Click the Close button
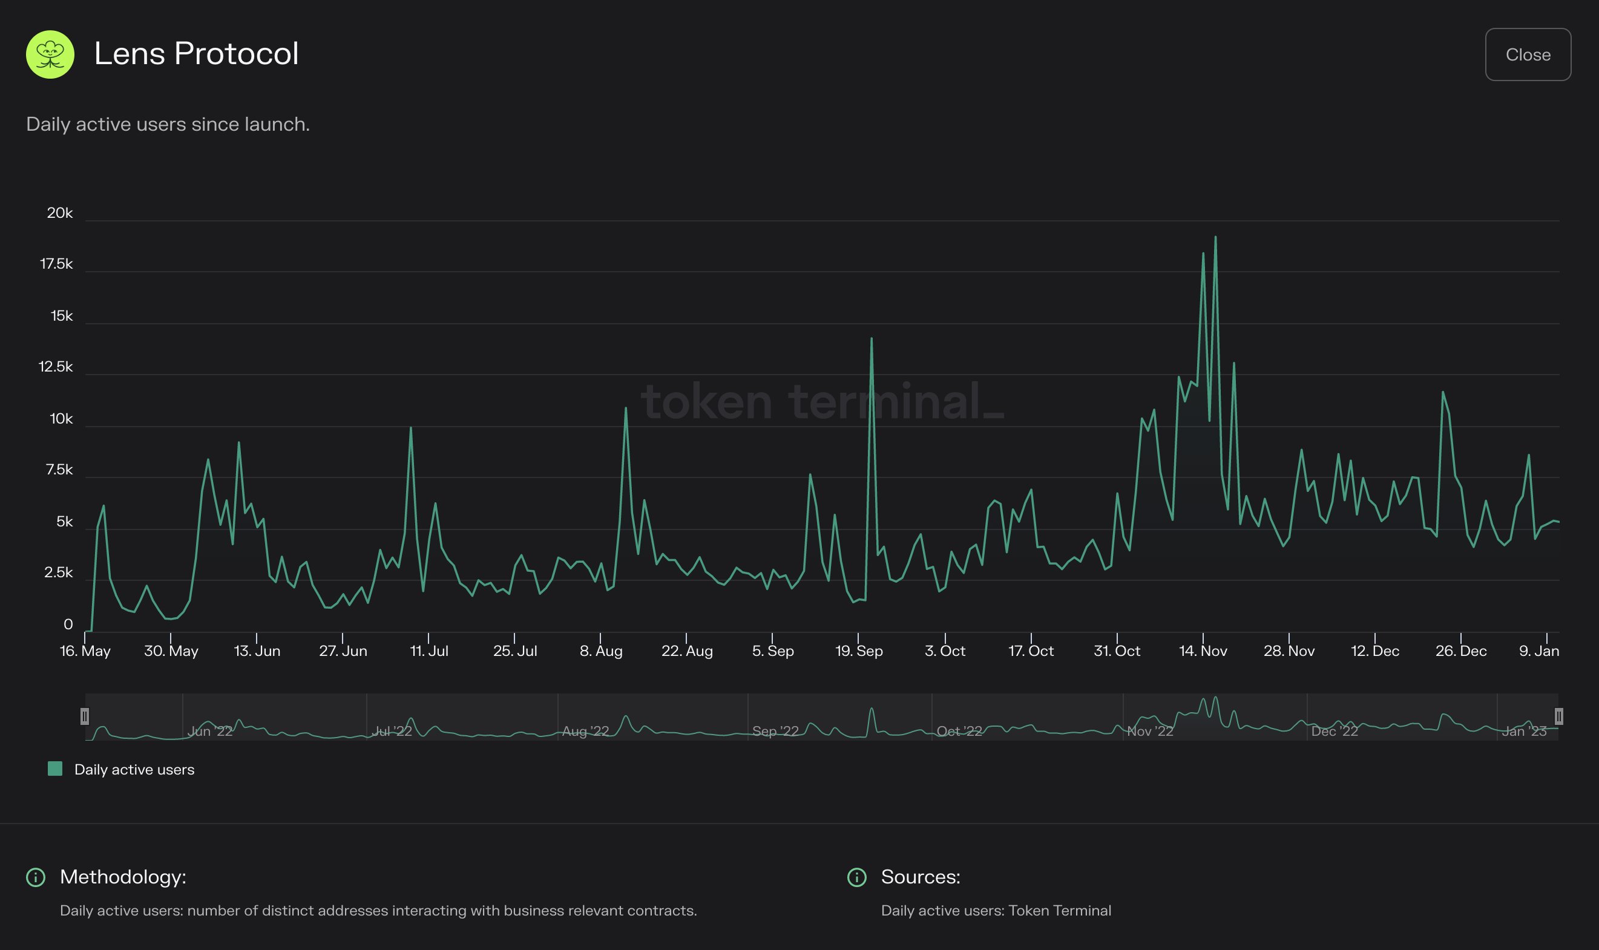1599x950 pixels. click(1528, 54)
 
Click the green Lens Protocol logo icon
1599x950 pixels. click(50, 54)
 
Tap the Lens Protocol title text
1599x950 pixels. click(196, 53)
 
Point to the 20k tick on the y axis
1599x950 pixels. click(59, 213)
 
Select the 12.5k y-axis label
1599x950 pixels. click(56, 367)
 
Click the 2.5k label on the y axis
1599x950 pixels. click(58, 572)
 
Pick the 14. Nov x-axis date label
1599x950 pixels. click(1203, 651)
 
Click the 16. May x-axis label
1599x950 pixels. click(85, 651)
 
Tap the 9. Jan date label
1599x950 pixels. click(1539, 651)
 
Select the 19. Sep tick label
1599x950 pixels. click(858, 651)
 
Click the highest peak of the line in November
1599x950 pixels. click(1215, 237)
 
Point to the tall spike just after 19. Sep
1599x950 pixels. click(871, 339)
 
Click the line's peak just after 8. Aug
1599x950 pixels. click(625, 408)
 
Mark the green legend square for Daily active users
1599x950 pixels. click(55, 769)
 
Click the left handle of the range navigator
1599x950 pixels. click(85, 716)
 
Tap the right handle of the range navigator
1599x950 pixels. click(1558, 716)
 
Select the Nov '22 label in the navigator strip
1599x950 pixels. click(1150, 731)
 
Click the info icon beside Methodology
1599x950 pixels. click(36, 877)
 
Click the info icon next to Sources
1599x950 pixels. click(856, 877)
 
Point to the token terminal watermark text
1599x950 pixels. click(822, 401)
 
